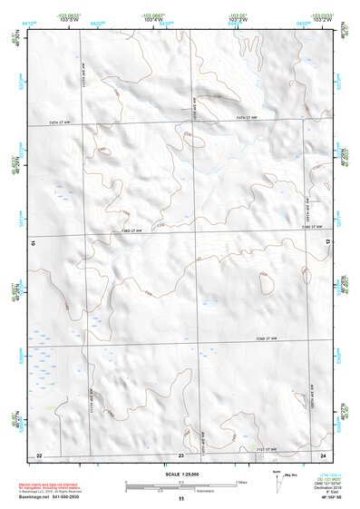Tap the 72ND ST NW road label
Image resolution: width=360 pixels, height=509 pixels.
click(x=266, y=340)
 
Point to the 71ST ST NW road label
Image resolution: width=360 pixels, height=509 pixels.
click(x=268, y=446)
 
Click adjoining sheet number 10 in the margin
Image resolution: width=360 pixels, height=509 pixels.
click(x=32, y=244)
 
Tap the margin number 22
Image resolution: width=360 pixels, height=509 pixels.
click(x=38, y=454)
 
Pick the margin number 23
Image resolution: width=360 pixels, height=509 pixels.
click(x=180, y=454)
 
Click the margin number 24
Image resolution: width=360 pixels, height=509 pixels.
click(x=322, y=454)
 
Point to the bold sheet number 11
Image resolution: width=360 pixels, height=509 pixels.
click(x=180, y=499)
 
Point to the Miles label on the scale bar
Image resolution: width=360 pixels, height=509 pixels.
click(x=240, y=481)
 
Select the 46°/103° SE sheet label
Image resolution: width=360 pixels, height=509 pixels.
click(x=321, y=499)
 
